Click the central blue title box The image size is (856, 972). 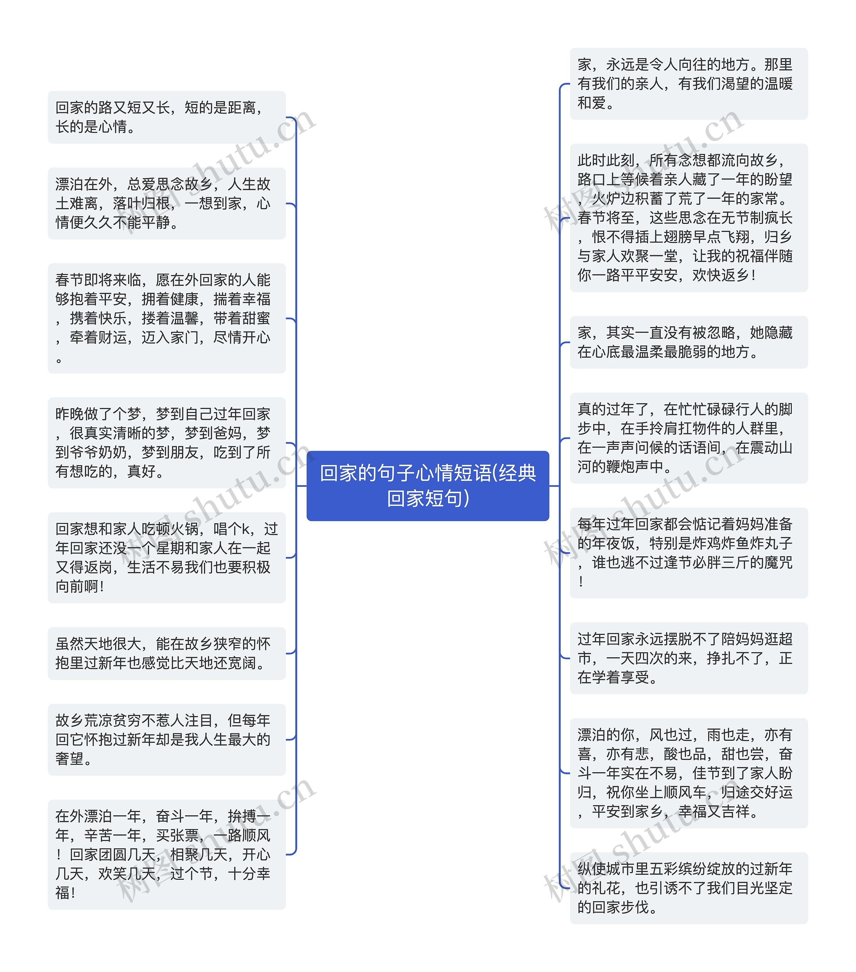427,485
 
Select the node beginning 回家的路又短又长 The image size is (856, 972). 167,117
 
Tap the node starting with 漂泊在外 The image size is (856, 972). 167,203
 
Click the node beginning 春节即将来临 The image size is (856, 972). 167,318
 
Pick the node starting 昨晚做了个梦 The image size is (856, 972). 167,442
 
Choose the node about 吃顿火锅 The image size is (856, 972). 167,557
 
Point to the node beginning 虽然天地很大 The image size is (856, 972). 167,653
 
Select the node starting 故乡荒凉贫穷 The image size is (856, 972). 167,739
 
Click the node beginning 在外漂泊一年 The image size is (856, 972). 167,854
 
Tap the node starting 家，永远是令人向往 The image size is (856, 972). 688,84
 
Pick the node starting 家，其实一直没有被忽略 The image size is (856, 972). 688,342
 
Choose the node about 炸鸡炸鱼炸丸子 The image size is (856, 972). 688,553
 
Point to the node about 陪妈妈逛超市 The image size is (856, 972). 688,658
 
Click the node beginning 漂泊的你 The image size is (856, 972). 688,773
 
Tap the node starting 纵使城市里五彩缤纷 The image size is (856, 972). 688,888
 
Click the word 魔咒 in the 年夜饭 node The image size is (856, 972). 778,562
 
